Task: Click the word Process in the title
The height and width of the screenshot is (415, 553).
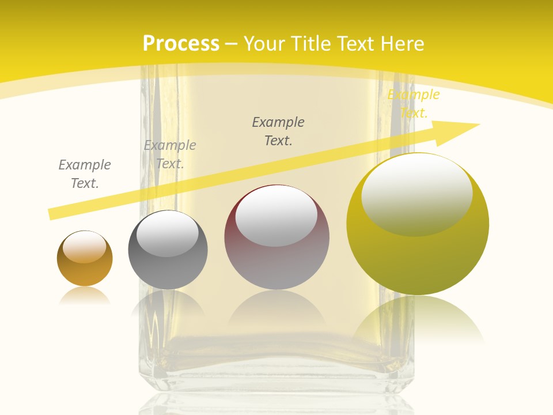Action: [x=181, y=44]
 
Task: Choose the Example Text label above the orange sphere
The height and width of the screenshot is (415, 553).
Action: [x=85, y=174]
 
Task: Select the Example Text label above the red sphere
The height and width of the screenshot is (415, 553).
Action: [x=278, y=131]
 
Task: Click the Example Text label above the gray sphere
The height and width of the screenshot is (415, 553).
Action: [x=170, y=154]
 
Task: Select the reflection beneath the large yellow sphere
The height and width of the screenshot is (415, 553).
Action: [x=418, y=320]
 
